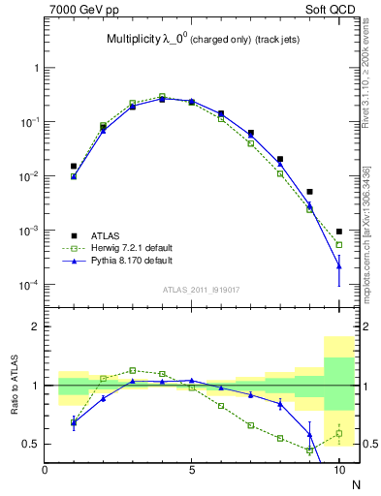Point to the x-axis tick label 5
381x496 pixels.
click(192, 472)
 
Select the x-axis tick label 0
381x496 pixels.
click(45, 472)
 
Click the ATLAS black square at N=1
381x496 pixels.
click(74, 167)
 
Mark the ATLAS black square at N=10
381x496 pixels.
click(339, 232)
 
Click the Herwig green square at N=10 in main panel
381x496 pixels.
click(339, 245)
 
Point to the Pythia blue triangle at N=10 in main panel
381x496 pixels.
click(339, 265)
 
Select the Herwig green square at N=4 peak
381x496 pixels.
click(162, 96)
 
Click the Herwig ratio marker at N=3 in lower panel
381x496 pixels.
click(133, 370)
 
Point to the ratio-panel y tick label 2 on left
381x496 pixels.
click(37, 327)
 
